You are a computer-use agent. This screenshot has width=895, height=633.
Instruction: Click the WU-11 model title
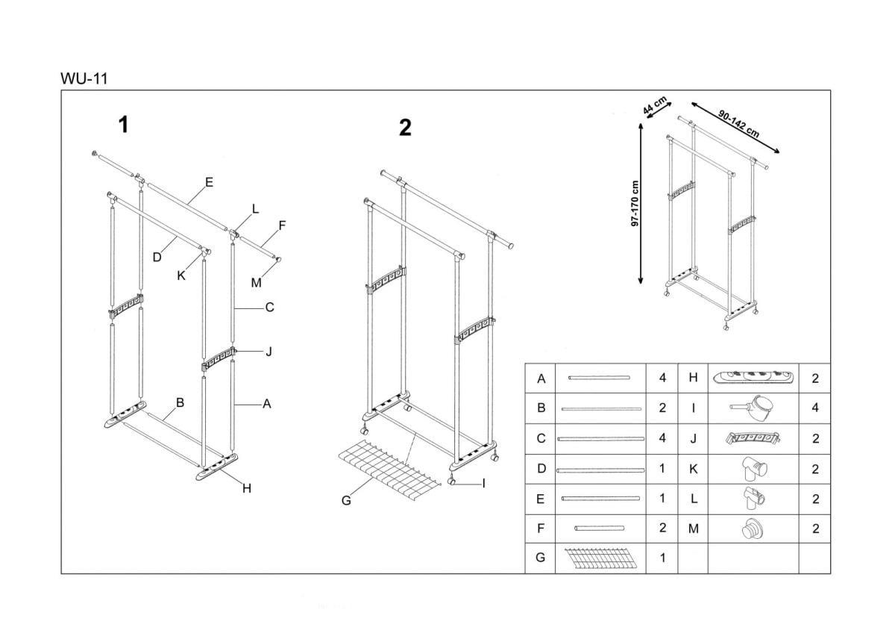[x=84, y=78]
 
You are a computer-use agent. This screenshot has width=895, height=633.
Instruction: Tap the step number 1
[x=124, y=125]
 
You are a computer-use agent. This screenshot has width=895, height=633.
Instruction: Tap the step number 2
[x=405, y=128]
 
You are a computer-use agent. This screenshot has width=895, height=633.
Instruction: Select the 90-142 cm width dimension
[x=738, y=124]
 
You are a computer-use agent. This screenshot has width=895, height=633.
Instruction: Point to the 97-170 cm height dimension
[x=635, y=203]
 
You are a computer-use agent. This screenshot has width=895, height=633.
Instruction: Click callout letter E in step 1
[x=210, y=182]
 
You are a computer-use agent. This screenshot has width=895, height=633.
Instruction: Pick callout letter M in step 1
[x=256, y=282]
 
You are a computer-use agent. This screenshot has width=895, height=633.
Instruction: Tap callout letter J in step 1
[x=268, y=351]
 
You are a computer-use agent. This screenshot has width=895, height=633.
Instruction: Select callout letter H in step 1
[x=247, y=489]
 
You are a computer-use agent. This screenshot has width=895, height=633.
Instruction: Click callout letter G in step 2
[x=346, y=501]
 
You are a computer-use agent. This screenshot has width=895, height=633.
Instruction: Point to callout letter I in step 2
[x=483, y=484]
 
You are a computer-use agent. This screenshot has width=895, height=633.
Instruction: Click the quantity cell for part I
[x=814, y=408]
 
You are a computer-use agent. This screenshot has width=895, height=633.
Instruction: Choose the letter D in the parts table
[x=541, y=470]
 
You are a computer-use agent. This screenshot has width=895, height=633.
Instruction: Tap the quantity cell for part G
[x=662, y=558]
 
